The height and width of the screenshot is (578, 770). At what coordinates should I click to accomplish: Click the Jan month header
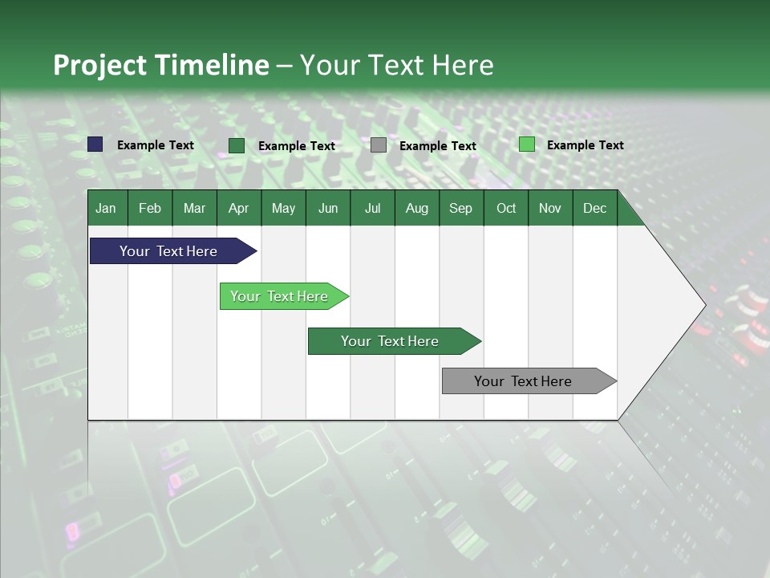pos(106,208)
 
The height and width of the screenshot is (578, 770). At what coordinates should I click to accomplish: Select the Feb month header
pos(150,208)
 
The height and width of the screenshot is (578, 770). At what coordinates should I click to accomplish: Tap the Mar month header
pos(194,208)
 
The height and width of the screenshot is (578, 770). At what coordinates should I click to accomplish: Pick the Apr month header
pos(238,208)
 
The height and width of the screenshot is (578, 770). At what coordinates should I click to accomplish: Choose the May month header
pos(283,208)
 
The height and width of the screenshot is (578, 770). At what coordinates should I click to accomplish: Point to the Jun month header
pos(328,208)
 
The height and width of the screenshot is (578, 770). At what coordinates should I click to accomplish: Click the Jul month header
pos(372,208)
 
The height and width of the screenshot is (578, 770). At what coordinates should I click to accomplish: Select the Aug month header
pos(416,208)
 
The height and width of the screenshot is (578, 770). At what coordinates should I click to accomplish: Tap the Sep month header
pos(460,208)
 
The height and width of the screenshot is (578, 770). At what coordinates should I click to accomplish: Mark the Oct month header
pos(506,208)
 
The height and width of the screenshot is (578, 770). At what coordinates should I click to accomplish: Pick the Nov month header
pos(549,208)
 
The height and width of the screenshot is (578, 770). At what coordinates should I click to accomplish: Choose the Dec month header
pos(594,208)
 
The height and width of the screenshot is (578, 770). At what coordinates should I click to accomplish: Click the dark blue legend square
pos(95,144)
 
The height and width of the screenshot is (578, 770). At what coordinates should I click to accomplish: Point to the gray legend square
pos(379,145)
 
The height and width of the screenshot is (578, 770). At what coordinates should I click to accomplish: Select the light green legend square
pos(526,144)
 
